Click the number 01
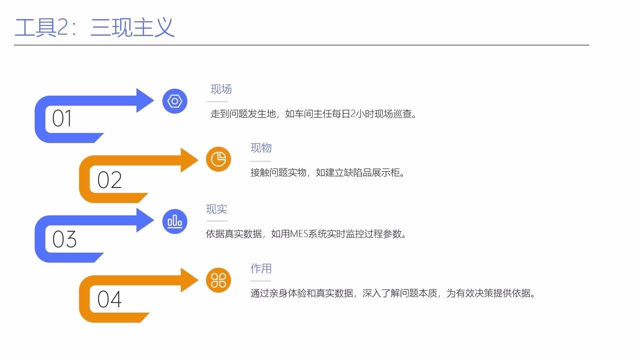(62, 119)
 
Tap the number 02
(109, 179)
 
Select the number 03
(64, 239)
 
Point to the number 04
(109, 299)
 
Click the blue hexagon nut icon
(174, 101)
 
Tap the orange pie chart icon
(218, 159)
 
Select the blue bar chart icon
(174, 220)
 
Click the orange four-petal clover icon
(218, 280)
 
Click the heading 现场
(221, 89)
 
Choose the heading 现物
(261, 148)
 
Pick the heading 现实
(216, 209)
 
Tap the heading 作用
(261, 268)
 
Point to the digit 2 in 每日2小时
(352, 114)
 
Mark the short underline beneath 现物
(260, 161)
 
